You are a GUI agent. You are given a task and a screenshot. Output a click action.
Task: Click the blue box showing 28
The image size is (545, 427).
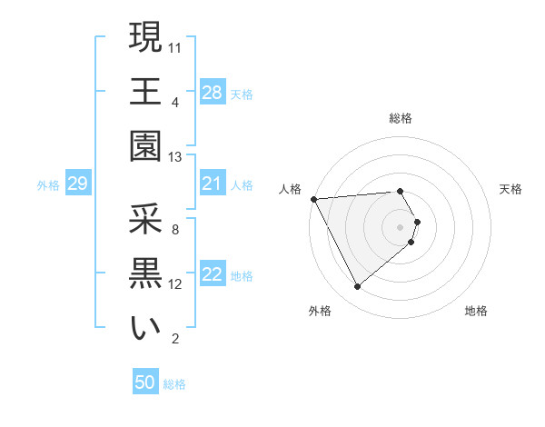[212, 93]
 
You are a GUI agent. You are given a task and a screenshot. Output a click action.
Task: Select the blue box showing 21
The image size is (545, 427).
[212, 184]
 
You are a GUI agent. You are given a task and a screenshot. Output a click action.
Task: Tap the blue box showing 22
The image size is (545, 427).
[212, 275]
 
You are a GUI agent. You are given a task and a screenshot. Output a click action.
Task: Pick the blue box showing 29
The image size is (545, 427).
[77, 184]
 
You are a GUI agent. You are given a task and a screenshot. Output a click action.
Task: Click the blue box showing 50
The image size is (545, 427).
[145, 382]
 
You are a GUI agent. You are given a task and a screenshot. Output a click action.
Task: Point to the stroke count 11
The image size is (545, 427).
[176, 46]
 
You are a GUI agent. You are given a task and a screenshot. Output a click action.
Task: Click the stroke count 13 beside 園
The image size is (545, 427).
[176, 156]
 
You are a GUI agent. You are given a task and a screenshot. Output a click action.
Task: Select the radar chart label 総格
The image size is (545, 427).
[401, 118]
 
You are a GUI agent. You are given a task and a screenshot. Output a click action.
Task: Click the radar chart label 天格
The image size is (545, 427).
[511, 189]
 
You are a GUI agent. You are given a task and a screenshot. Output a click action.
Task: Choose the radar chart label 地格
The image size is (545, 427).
[476, 311]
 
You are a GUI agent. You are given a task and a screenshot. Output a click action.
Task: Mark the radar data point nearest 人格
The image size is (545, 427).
[313, 199]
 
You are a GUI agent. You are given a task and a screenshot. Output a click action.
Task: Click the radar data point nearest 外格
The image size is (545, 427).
[358, 287]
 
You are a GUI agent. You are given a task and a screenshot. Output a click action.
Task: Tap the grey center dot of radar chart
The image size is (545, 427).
[401, 226]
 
